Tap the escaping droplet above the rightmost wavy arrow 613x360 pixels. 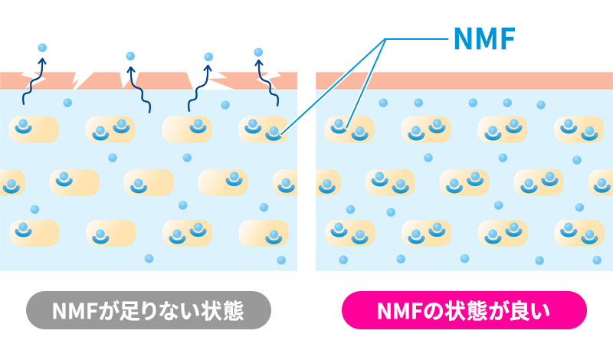[x=258, y=51]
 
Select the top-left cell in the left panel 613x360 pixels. [x=34, y=129]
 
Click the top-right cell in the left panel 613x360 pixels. [x=263, y=129]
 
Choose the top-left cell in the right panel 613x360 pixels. [x=349, y=129]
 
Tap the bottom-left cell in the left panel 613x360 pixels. [x=34, y=232]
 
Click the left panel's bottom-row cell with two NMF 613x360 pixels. [x=188, y=232]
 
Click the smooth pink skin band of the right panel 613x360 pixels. [x=464, y=80]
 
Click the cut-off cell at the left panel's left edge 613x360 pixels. [x=11, y=182]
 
